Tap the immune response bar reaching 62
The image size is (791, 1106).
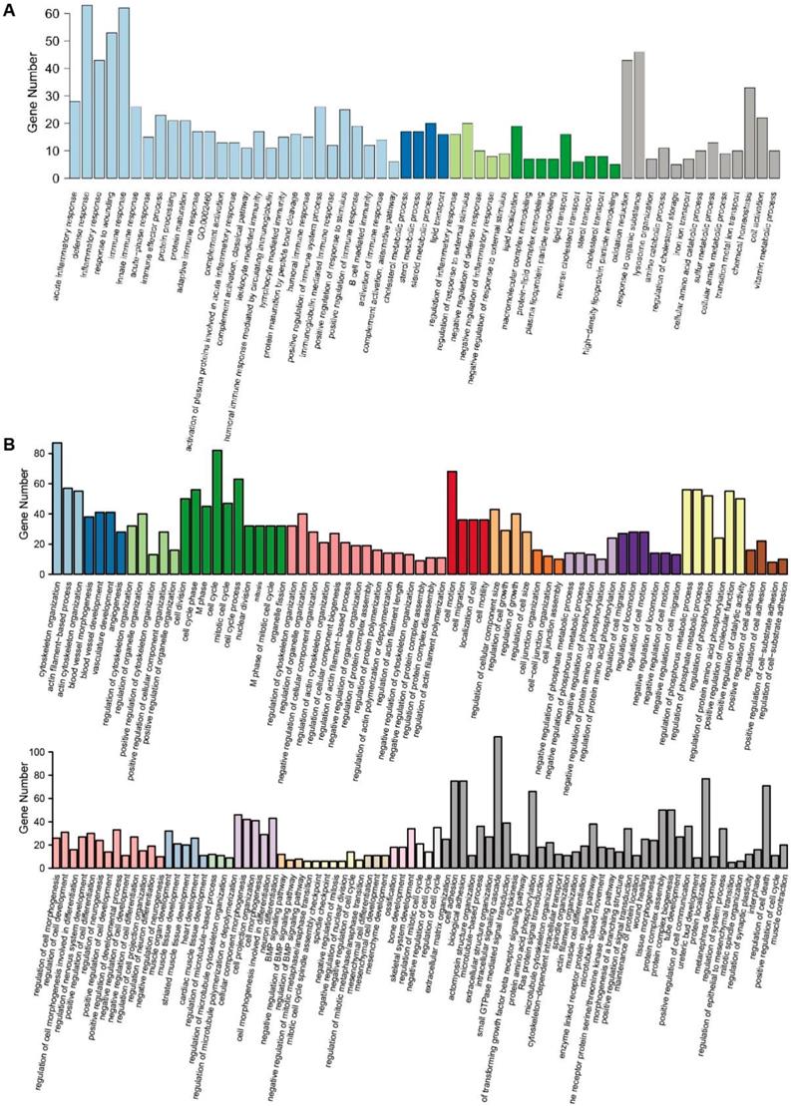(x=124, y=94)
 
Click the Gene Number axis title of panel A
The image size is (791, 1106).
(x=19, y=95)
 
